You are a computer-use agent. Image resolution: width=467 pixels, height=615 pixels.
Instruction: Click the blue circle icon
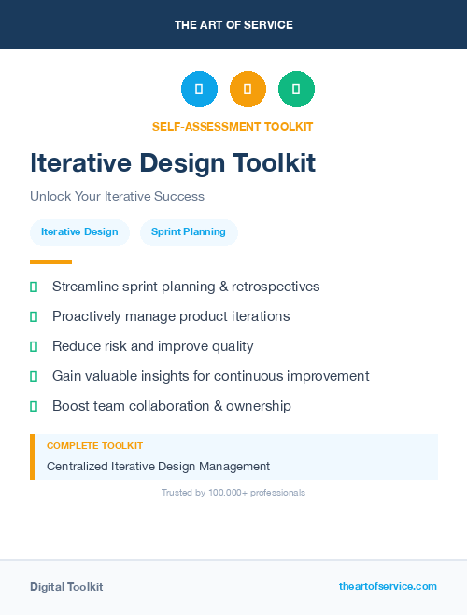click(x=199, y=89)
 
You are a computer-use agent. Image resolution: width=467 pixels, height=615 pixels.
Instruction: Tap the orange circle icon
click(x=248, y=89)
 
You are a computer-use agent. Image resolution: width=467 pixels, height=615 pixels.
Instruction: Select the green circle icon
click(x=296, y=89)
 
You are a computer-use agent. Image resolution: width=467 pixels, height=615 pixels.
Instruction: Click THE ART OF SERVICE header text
click(x=233, y=25)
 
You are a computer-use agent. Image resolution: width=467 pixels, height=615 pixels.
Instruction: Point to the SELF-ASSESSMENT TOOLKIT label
click(x=233, y=126)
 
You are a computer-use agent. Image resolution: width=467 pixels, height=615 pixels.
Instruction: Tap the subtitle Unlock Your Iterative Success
click(x=117, y=197)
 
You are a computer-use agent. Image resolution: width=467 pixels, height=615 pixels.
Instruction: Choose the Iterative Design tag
click(x=79, y=231)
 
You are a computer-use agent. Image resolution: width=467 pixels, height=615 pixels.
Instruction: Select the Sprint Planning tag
click(x=189, y=231)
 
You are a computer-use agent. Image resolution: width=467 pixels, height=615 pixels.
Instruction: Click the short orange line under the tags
click(x=50, y=262)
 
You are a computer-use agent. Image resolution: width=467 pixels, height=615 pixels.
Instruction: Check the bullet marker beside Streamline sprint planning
click(x=34, y=287)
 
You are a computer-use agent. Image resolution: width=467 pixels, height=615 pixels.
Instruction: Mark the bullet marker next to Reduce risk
click(x=34, y=346)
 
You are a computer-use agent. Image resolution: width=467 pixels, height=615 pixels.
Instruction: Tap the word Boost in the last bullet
click(x=71, y=406)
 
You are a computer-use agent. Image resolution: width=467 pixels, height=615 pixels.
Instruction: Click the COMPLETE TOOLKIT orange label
click(x=94, y=446)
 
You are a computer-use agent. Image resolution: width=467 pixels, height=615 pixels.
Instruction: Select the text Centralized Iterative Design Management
click(x=158, y=466)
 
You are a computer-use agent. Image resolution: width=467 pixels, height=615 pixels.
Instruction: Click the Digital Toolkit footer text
click(x=66, y=587)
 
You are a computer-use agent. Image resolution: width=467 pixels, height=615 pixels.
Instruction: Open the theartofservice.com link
click(x=388, y=586)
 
